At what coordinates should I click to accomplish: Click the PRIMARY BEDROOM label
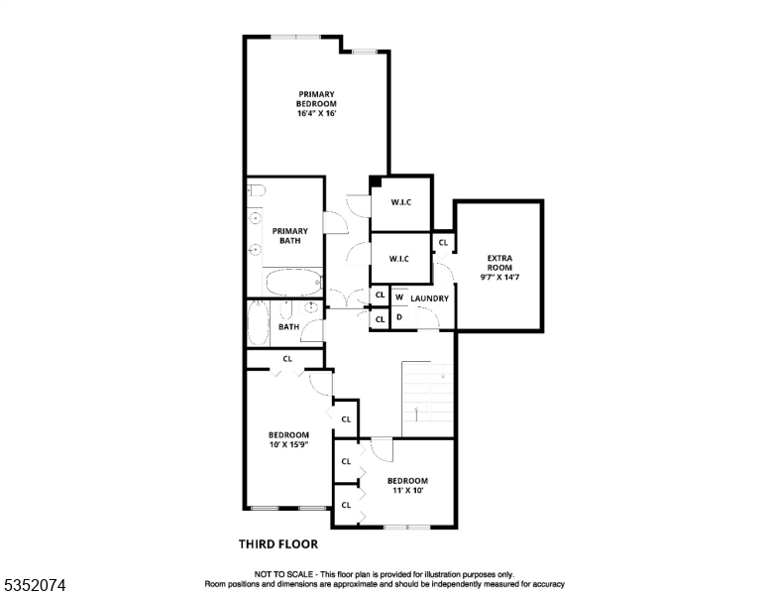(316, 99)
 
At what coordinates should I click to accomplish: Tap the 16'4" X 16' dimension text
(316, 113)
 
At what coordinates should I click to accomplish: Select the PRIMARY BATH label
(290, 236)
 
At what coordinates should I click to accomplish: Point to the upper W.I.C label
(400, 203)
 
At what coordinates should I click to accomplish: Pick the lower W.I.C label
(399, 260)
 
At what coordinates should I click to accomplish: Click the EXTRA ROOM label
(498, 264)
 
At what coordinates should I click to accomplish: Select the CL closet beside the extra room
(443, 243)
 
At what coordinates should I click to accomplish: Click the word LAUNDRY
(430, 298)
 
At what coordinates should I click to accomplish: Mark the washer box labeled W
(399, 297)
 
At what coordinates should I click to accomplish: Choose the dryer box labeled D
(399, 318)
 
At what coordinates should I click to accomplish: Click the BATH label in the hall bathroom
(288, 327)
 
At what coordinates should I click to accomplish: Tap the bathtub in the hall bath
(258, 323)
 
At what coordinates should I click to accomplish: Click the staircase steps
(427, 397)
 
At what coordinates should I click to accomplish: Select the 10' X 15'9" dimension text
(288, 445)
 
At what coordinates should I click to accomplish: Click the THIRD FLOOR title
(278, 543)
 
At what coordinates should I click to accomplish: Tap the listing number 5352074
(35, 586)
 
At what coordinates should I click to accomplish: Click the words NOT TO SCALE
(283, 575)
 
